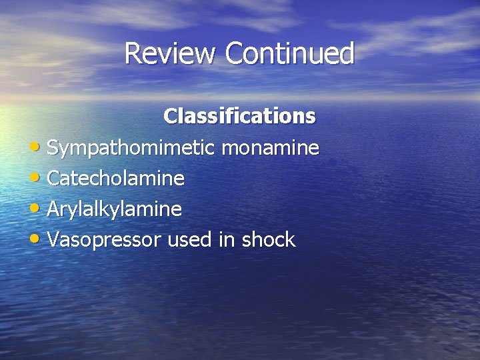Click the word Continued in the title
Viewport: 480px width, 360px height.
coord(289,53)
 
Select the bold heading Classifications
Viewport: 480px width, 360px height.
coord(239,116)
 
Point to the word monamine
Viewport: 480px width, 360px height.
coord(269,147)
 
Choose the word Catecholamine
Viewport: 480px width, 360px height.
coord(115,178)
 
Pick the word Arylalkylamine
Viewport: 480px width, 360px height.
coord(114,209)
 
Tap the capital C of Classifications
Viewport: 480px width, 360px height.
coord(170,116)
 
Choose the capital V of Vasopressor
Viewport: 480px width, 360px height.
coord(53,240)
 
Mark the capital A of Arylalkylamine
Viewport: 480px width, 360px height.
coord(54,209)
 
